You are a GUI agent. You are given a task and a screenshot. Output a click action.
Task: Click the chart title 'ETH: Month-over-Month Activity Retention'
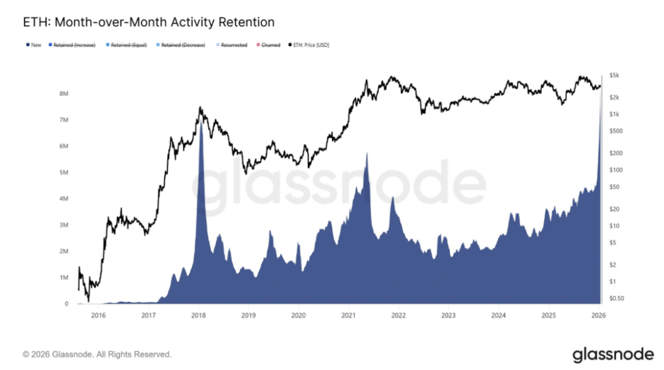[148, 23]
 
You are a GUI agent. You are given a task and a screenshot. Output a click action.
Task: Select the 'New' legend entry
[34, 45]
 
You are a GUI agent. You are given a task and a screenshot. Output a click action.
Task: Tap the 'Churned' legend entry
[270, 45]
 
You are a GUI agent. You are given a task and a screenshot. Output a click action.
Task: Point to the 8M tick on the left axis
[64, 93]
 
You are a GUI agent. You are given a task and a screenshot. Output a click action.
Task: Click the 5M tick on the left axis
[64, 173]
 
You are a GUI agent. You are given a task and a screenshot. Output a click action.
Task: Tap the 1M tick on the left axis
[64, 278]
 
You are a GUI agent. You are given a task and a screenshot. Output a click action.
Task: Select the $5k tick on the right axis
[617, 77]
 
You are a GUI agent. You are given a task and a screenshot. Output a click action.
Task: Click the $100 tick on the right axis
[616, 170]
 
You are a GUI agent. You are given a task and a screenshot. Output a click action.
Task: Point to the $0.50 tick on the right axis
[617, 299]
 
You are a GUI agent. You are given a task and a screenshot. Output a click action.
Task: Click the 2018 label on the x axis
[198, 315]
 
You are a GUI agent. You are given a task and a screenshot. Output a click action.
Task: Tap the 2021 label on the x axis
[348, 315]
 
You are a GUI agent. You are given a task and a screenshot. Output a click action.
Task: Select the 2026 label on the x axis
[597, 315]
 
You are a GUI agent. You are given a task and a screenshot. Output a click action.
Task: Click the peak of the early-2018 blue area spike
[201, 121]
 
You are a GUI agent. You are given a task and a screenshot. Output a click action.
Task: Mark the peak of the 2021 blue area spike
[367, 153]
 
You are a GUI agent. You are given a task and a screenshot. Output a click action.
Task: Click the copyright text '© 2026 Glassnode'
[97, 354]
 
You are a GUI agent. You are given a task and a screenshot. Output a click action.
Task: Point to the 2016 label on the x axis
[98, 315]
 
